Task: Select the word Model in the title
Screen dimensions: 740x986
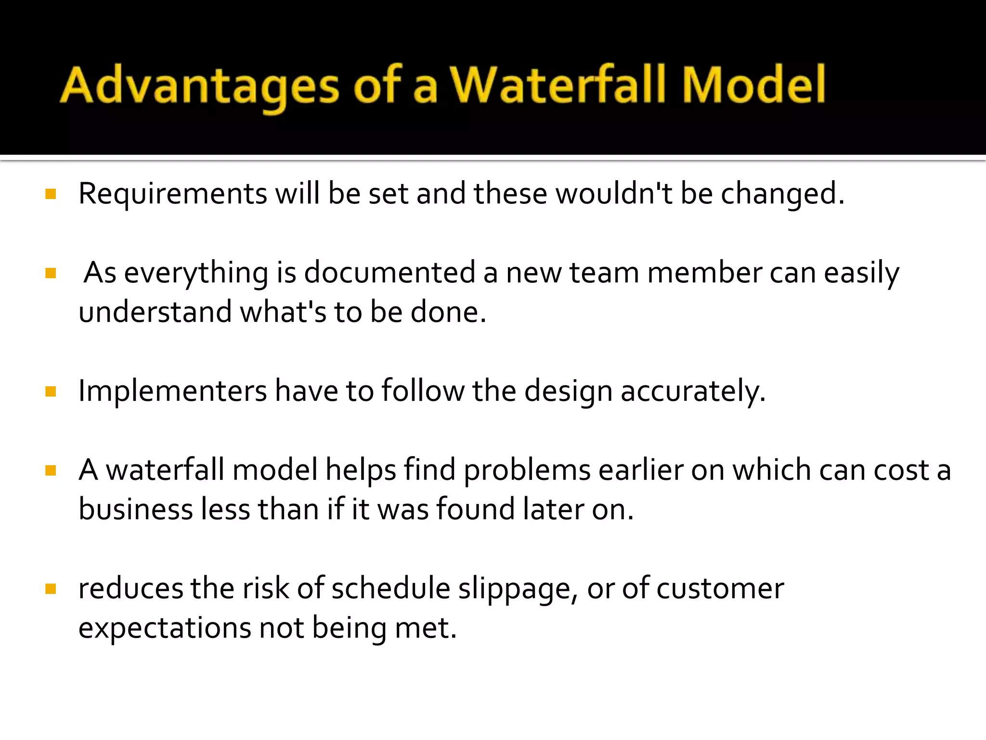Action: tap(754, 86)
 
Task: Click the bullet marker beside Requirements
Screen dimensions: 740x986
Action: tap(51, 194)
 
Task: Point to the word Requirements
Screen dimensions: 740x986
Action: tap(172, 194)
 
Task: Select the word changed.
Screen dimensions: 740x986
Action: tap(782, 194)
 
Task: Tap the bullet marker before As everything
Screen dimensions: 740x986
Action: tap(51, 273)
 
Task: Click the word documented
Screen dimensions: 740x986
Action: tap(389, 272)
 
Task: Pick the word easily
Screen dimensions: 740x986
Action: tap(861, 273)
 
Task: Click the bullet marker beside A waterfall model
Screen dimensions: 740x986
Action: tap(51, 470)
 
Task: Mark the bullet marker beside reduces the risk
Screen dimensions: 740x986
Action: tap(51, 589)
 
